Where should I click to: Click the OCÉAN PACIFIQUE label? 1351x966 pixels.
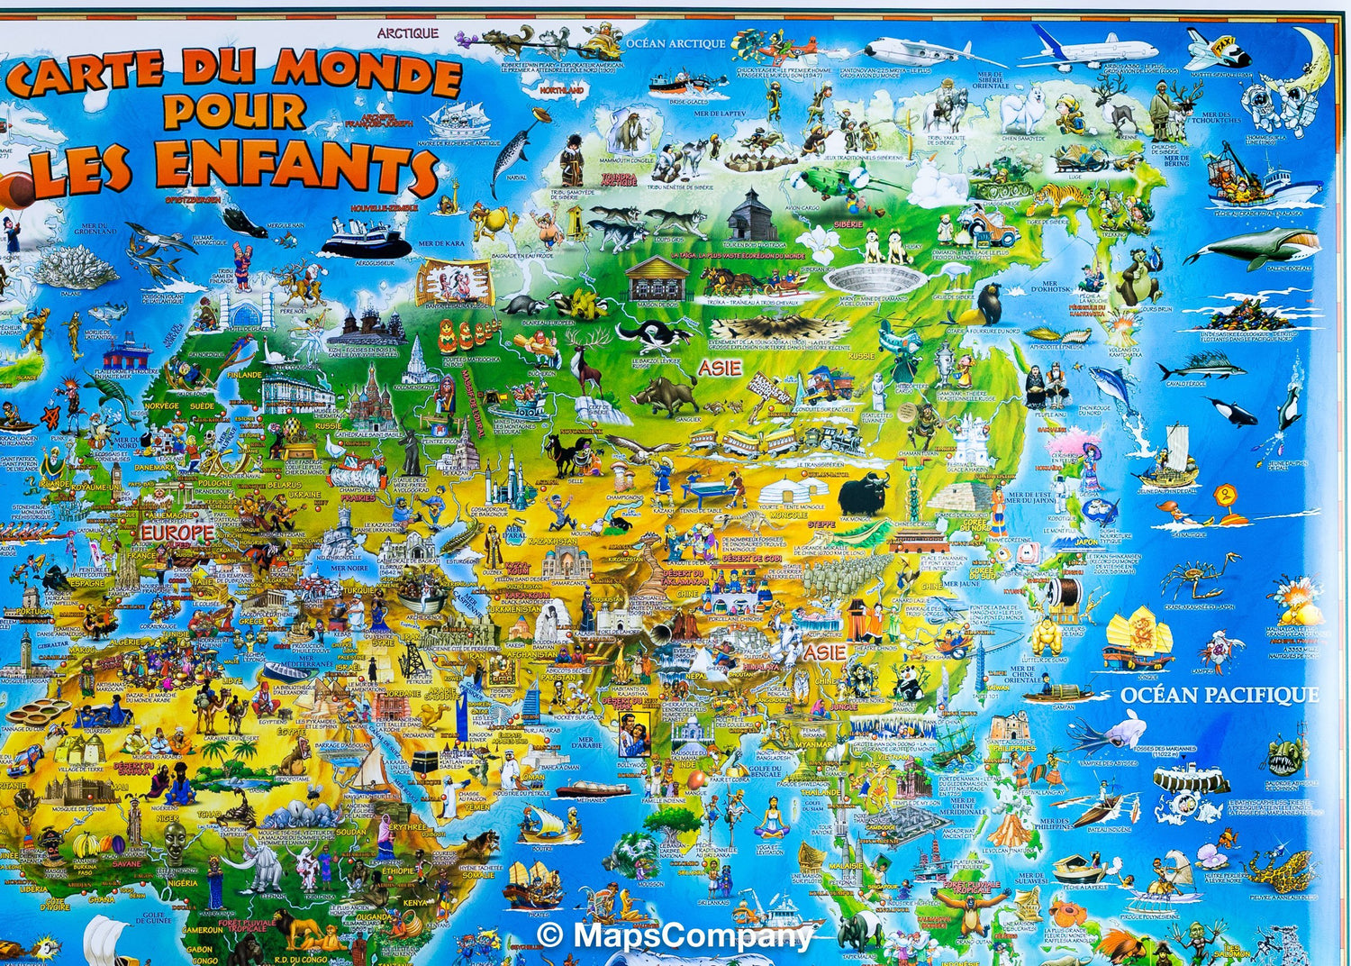click(x=1220, y=695)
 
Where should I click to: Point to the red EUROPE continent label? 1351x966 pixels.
click(x=177, y=533)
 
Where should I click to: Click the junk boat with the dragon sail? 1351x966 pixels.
click(x=1138, y=636)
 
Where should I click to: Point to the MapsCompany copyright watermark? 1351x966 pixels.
click(x=675, y=935)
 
